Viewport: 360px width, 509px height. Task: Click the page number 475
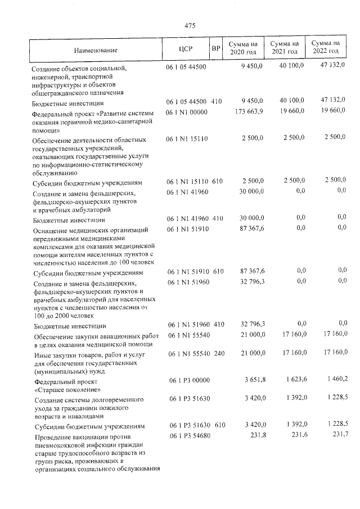(x=190, y=25)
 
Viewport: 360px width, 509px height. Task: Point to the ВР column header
(x=215, y=48)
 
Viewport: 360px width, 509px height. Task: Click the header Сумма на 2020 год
(x=243, y=48)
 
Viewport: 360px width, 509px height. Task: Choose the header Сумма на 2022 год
(x=326, y=47)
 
